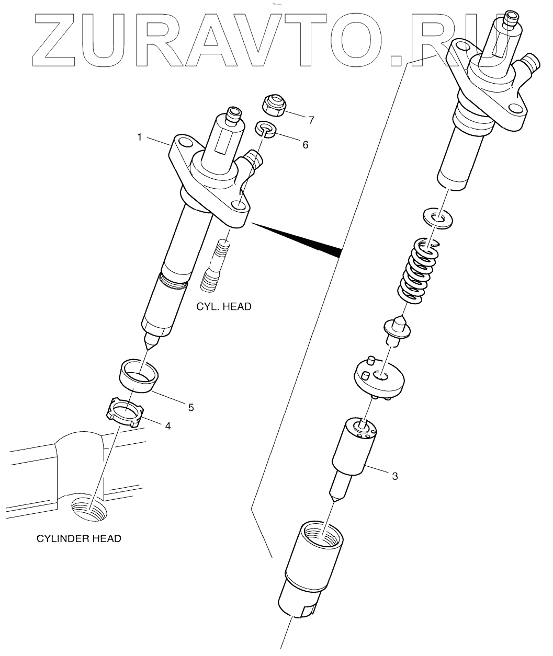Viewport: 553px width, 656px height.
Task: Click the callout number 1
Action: point(140,137)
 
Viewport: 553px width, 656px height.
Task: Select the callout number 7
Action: point(311,120)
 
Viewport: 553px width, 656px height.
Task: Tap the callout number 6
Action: point(305,144)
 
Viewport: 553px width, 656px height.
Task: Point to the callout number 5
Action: point(191,407)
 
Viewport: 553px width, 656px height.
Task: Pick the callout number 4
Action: point(167,425)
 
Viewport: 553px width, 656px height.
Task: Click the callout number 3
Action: point(395,476)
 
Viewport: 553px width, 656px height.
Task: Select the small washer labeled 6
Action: point(265,129)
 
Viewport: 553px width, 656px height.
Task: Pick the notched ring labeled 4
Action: point(126,412)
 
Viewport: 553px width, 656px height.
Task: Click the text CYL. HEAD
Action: point(224,306)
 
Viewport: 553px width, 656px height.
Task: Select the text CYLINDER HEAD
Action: point(78,538)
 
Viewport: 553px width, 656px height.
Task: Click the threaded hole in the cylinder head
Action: point(91,511)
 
